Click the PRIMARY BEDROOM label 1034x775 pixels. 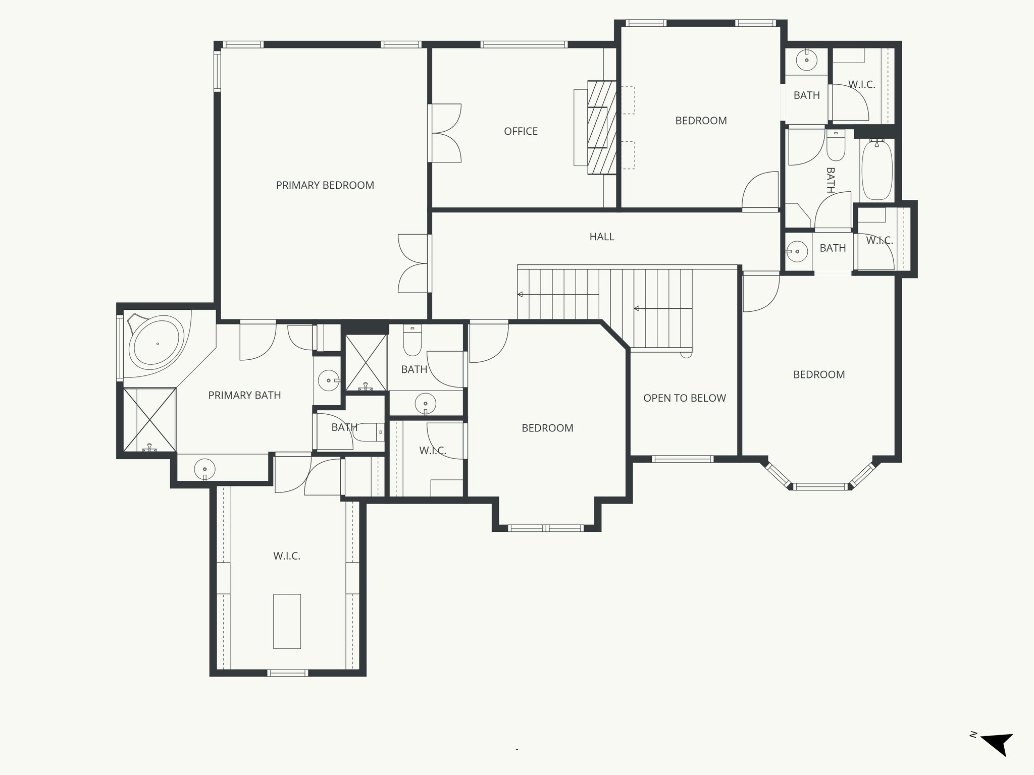(325, 185)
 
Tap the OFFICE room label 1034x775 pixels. (521, 131)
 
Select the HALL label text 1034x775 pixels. (601, 237)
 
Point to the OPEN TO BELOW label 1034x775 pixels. (684, 398)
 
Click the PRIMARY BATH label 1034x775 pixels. (244, 395)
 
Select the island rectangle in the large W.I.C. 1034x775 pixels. (287, 621)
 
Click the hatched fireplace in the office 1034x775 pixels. (602, 128)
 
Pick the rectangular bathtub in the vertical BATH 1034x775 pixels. (877, 171)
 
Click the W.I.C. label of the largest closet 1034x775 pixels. (287, 556)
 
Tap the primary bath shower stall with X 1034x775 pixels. (149, 419)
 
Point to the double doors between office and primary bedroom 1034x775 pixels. (445, 133)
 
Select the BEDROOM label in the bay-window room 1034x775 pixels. (818, 374)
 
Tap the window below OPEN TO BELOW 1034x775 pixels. (682, 459)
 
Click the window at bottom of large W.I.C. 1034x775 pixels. (287, 672)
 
